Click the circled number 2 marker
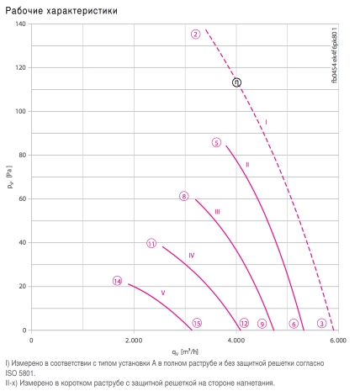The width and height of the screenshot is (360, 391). pyautogui.click(x=195, y=34)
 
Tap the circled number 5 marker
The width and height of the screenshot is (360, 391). pyautogui.click(x=216, y=142)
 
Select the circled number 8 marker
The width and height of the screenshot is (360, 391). pyautogui.click(x=184, y=196)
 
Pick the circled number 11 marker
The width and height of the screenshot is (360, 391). pyautogui.click(x=151, y=244)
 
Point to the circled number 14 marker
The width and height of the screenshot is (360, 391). pyautogui.click(x=118, y=281)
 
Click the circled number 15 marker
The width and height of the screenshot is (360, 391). pyautogui.click(x=197, y=323)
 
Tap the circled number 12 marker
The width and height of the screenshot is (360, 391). pyautogui.click(x=244, y=323)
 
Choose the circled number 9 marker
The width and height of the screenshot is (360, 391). pyautogui.click(x=262, y=324)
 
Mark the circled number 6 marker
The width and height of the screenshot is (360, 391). pyautogui.click(x=294, y=324)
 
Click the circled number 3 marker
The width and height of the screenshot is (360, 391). pyautogui.click(x=322, y=323)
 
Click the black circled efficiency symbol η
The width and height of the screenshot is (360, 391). pyautogui.click(x=236, y=82)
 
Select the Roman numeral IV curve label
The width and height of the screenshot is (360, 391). pyautogui.click(x=192, y=256)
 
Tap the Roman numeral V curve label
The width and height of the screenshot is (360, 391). pyautogui.click(x=163, y=293)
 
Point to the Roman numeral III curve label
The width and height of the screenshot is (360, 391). pyautogui.click(x=217, y=212)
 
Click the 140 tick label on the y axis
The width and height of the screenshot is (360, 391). pyautogui.click(x=20, y=24)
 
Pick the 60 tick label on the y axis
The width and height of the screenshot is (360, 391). pyautogui.click(x=22, y=198)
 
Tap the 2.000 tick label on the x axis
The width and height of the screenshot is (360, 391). pyautogui.click(x=134, y=341)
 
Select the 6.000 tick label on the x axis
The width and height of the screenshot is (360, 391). pyautogui.click(x=338, y=341)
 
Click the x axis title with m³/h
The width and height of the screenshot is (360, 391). pyautogui.click(x=185, y=351)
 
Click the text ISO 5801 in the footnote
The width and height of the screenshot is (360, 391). pyautogui.click(x=20, y=373)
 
